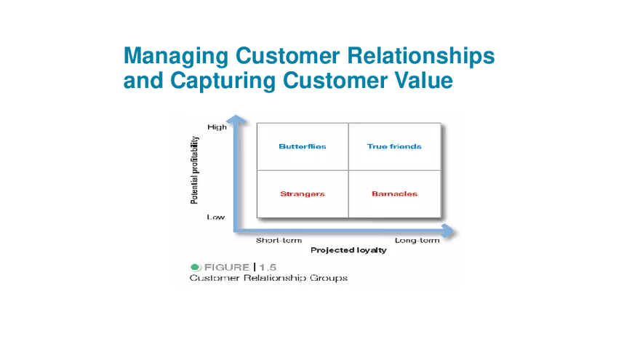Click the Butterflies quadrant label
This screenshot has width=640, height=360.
pos(302,146)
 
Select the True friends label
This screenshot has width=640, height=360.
pos(394,146)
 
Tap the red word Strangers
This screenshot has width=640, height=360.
pos(302,193)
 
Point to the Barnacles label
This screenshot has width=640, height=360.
pos(394,193)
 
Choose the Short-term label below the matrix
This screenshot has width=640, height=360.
pos(279,240)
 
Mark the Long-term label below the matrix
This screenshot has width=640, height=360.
pos(417,240)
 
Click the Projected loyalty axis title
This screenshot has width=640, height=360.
pos(348,250)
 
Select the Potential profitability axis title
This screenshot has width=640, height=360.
pos(194,172)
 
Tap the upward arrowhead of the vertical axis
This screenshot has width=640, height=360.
pos(234,119)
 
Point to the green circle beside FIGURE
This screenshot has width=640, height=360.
pos(195,267)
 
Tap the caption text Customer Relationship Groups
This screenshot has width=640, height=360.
pos(268,278)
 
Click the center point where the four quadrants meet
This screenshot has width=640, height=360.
pos(349,170)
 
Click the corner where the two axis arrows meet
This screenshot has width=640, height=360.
pos(235,231)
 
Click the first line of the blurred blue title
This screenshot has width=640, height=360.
pos(310,55)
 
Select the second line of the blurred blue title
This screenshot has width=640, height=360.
pos(289,81)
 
